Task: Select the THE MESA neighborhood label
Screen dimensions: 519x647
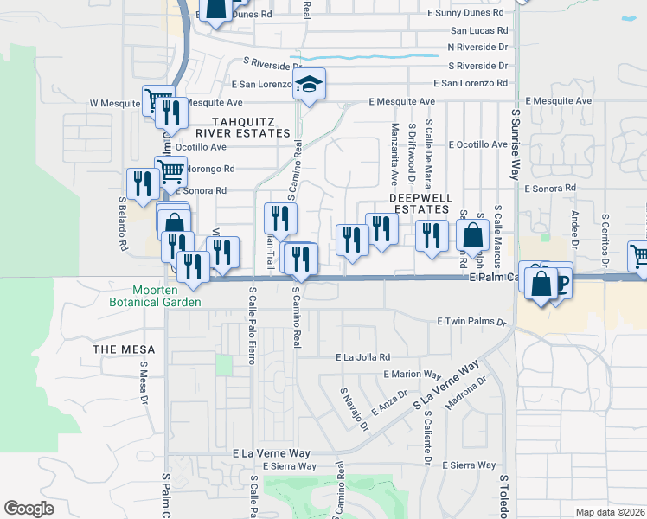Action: [125, 349]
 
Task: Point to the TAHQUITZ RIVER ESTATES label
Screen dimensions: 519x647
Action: [242, 127]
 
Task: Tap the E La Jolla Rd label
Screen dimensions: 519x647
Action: [363, 356]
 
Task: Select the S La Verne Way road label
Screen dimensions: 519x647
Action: [445, 387]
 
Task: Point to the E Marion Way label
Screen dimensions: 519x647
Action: [413, 374]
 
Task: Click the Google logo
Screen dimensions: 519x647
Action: [29, 509]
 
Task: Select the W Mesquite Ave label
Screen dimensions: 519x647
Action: [116, 103]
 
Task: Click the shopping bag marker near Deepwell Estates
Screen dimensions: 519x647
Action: [473, 234]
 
